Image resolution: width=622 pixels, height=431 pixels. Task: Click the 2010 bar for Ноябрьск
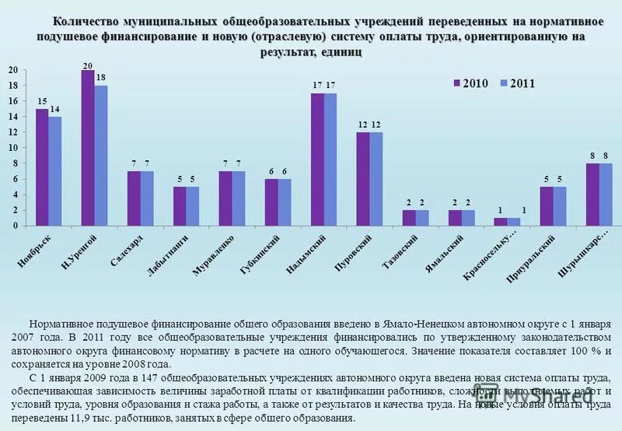(x=42, y=167)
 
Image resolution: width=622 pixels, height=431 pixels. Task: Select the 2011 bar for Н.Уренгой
(x=101, y=156)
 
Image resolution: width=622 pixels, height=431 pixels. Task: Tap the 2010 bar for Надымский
(x=317, y=159)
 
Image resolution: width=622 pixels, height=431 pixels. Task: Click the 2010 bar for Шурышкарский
(x=592, y=194)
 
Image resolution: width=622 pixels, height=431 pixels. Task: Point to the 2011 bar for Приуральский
(x=560, y=206)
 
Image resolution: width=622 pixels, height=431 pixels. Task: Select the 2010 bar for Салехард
(x=134, y=198)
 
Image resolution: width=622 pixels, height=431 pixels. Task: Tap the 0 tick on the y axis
(x=15, y=226)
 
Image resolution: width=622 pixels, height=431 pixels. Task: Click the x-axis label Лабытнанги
(x=169, y=257)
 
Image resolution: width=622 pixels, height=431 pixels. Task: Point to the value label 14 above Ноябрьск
(x=55, y=110)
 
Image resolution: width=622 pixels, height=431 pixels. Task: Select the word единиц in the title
(x=340, y=53)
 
